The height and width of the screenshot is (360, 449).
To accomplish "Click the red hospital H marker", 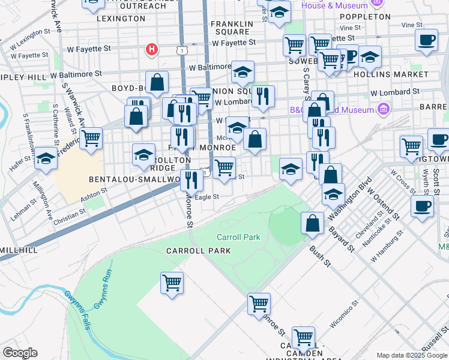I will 152,49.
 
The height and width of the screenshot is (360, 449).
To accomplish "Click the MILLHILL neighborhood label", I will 19,250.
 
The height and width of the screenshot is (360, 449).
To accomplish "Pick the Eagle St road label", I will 208,196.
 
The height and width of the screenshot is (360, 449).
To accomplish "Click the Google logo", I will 20,353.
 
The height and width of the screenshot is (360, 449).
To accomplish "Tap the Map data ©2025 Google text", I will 411,355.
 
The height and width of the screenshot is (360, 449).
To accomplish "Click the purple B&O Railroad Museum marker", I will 383,109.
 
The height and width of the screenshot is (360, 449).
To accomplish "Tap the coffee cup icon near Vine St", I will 426,40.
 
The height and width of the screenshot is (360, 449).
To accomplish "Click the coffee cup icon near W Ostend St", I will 422,206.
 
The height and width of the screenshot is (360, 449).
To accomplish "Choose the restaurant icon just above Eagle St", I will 191,179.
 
